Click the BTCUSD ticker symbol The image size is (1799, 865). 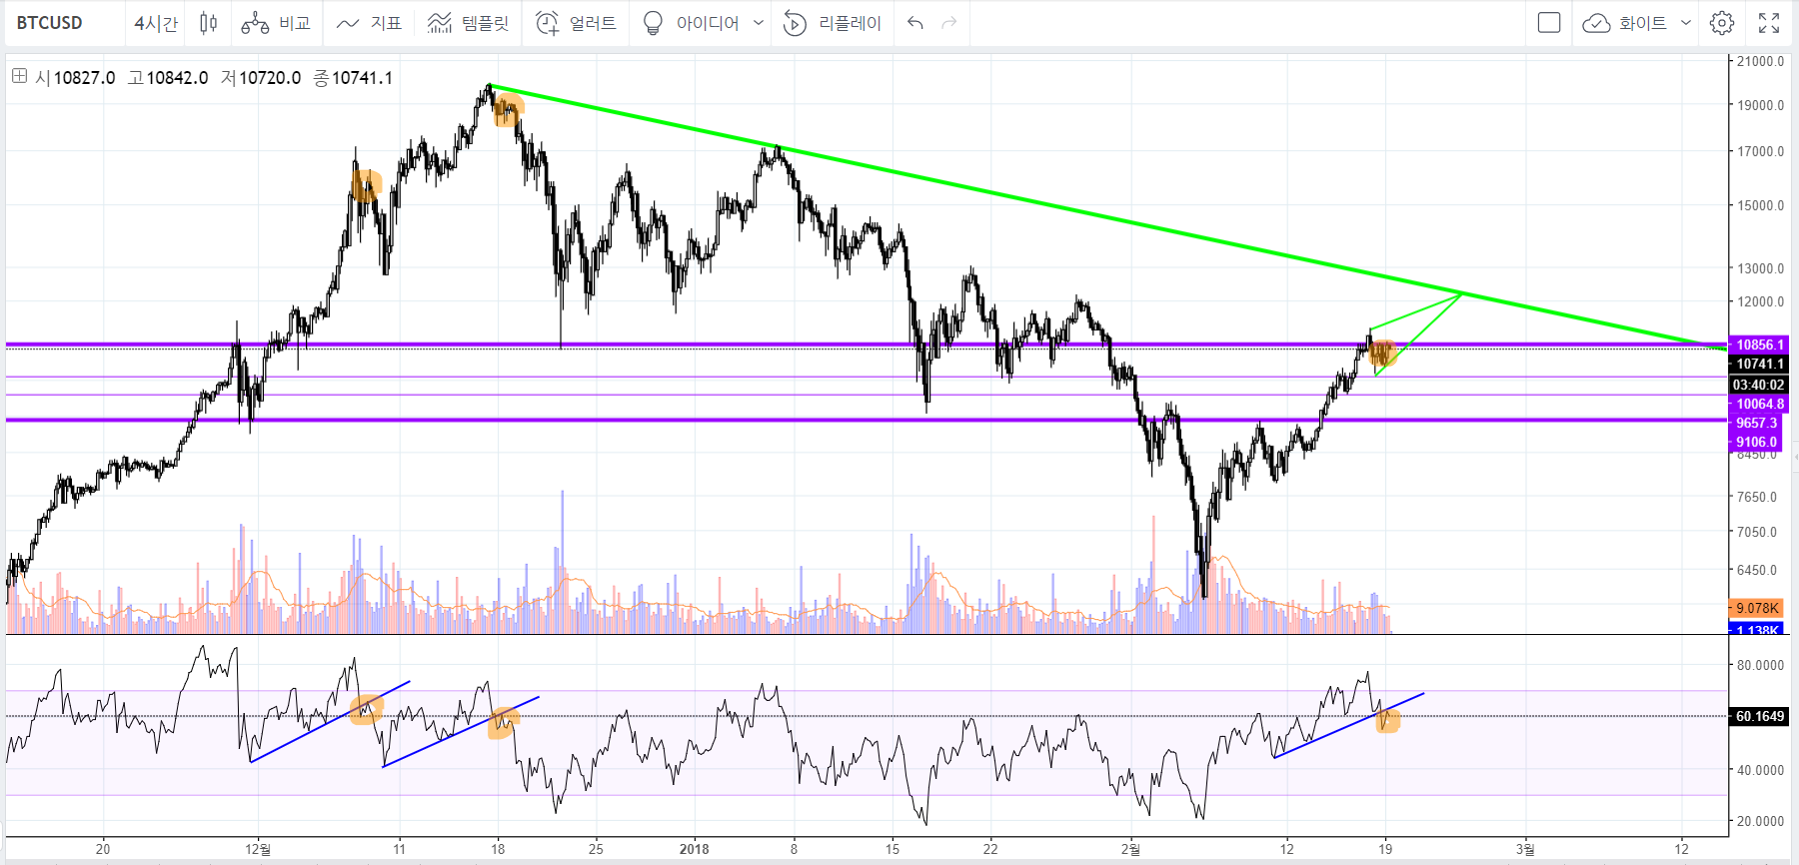50,23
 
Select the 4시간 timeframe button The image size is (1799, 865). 156,23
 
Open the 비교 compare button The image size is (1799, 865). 277,23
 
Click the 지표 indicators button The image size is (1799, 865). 369,23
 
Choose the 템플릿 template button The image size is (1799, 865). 468,23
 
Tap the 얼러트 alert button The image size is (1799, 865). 576,23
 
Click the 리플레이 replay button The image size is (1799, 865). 833,23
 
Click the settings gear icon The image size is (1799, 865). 1721,23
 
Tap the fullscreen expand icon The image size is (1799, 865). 1769,23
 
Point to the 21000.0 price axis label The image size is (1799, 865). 1760,62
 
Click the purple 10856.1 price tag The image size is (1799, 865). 1759,345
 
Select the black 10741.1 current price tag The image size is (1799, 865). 1759,364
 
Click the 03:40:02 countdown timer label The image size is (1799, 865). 1759,385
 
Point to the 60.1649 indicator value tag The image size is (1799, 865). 1759,716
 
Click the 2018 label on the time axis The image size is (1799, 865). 694,849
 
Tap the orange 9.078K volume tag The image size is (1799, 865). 1756,608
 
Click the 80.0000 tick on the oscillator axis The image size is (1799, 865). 1760,665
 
